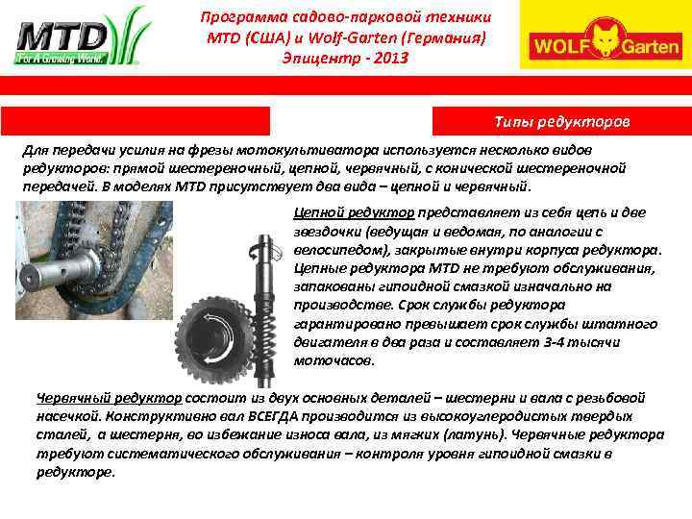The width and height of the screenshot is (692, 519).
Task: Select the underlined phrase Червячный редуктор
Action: pos(109,398)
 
